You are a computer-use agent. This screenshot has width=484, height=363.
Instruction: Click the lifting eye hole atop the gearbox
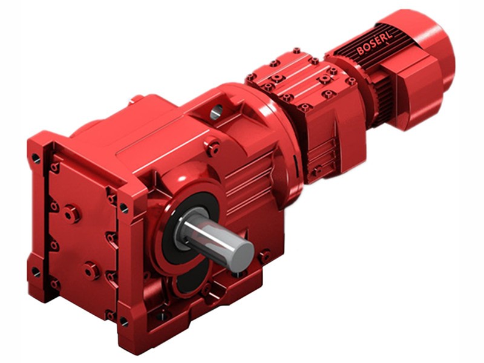[x=217, y=110]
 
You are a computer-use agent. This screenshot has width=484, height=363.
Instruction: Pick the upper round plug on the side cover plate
[x=71, y=213]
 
